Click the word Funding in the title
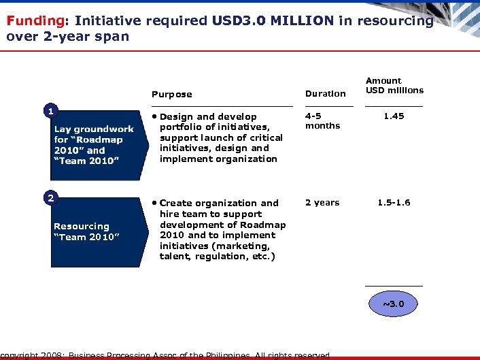pyautogui.click(x=29, y=20)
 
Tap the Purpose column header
pyautogui.click(x=171, y=94)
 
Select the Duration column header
pyautogui.click(x=325, y=93)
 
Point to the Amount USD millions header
pyautogui.click(x=394, y=85)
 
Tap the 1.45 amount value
pyautogui.click(x=394, y=116)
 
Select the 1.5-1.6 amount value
pyautogui.click(x=394, y=203)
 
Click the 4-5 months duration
pyautogui.click(x=322, y=121)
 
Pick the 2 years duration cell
pyautogui.click(x=322, y=203)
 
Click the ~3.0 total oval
pyautogui.click(x=394, y=304)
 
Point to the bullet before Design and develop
pyautogui.click(x=155, y=117)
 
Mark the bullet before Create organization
pyautogui.click(x=155, y=203)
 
